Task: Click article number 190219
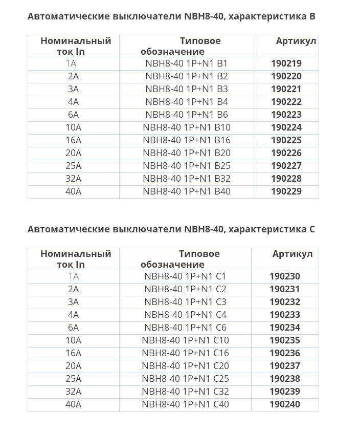pyautogui.click(x=286, y=63)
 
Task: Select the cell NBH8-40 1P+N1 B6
pyautogui.click(x=187, y=115)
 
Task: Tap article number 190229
pyautogui.click(x=286, y=191)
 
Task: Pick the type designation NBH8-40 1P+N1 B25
pyautogui.click(x=187, y=166)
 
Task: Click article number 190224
pyautogui.click(x=286, y=127)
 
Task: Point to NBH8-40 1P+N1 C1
pyautogui.click(x=185, y=276)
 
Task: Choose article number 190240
pyautogui.click(x=285, y=404)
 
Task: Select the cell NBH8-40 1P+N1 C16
pyautogui.click(x=185, y=353)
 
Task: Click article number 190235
pyautogui.click(x=285, y=340)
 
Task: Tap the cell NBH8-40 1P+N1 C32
pyautogui.click(x=185, y=392)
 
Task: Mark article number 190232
pyautogui.click(x=285, y=302)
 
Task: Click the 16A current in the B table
pyautogui.click(x=73, y=140)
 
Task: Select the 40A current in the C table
pyautogui.click(x=73, y=404)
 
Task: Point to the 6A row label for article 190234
pyautogui.click(x=73, y=328)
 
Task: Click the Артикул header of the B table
pyautogui.click(x=296, y=41)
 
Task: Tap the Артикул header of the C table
pyautogui.click(x=292, y=254)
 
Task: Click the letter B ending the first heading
pyautogui.click(x=312, y=16)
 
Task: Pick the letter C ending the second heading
pyautogui.click(x=312, y=229)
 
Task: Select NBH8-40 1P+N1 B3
pyautogui.click(x=187, y=89)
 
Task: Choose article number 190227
pyautogui.click(x=286, y=166)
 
